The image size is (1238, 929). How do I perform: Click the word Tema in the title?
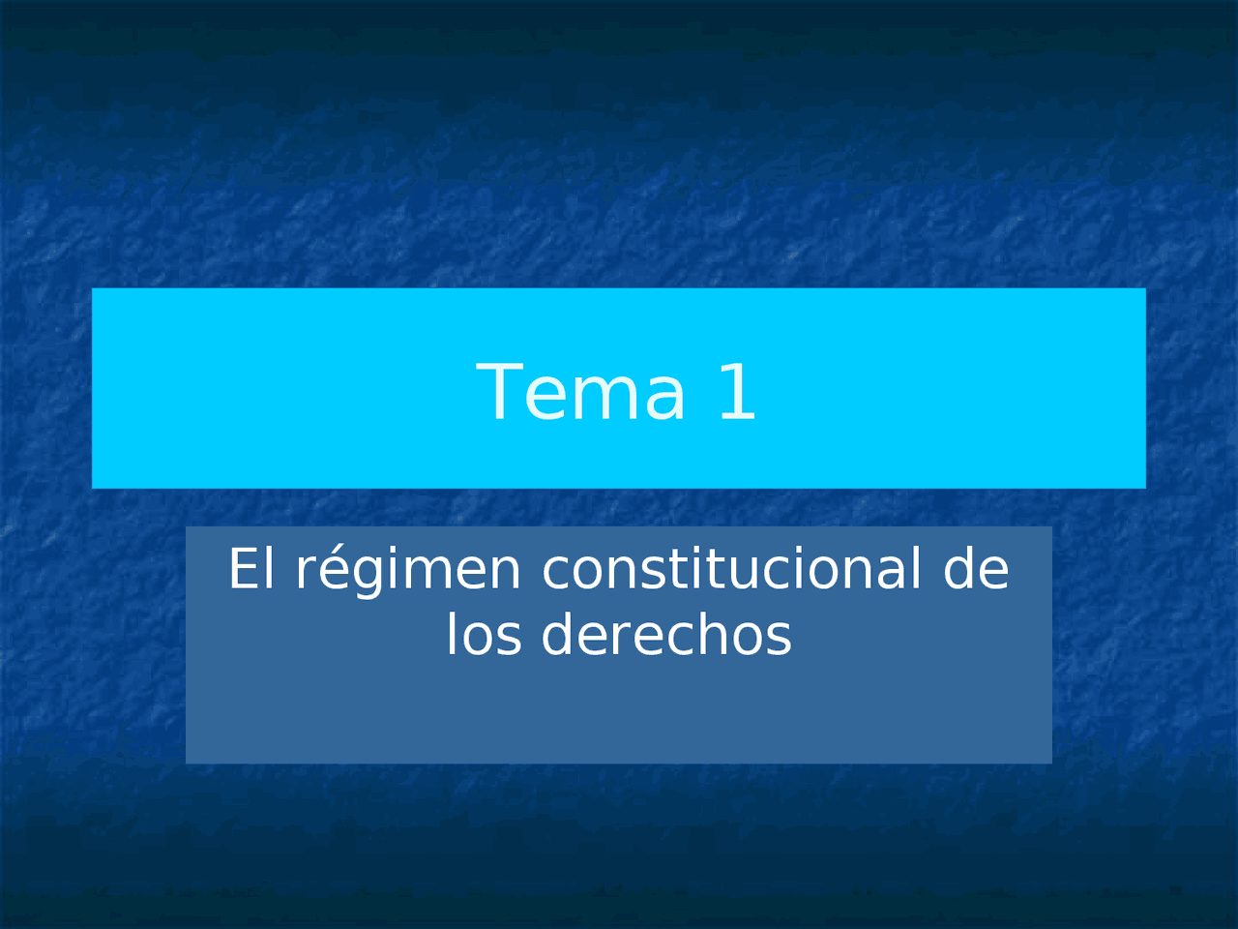click(580, 392)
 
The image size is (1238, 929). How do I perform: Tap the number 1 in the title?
click(737, 392)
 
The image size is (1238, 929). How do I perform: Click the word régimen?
click(408, 571)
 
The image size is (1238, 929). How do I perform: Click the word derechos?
click(666, 635)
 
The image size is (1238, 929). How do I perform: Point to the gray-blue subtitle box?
click(619, 716)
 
